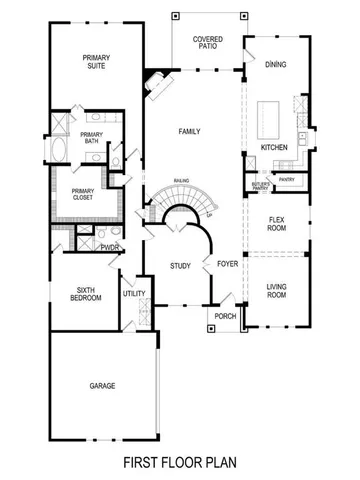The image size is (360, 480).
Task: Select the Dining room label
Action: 275,64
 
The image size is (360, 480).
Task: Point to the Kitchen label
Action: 274,147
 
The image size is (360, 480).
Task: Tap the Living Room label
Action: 277,291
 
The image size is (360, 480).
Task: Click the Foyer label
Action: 226,263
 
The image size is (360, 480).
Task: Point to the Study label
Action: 180,266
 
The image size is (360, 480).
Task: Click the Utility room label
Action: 134,294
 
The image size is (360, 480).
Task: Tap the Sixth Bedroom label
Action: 85,295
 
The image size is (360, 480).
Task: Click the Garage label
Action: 102,385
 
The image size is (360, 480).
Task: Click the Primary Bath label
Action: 91,138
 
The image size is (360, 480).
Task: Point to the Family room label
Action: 190,132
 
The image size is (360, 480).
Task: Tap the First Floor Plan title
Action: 180,463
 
